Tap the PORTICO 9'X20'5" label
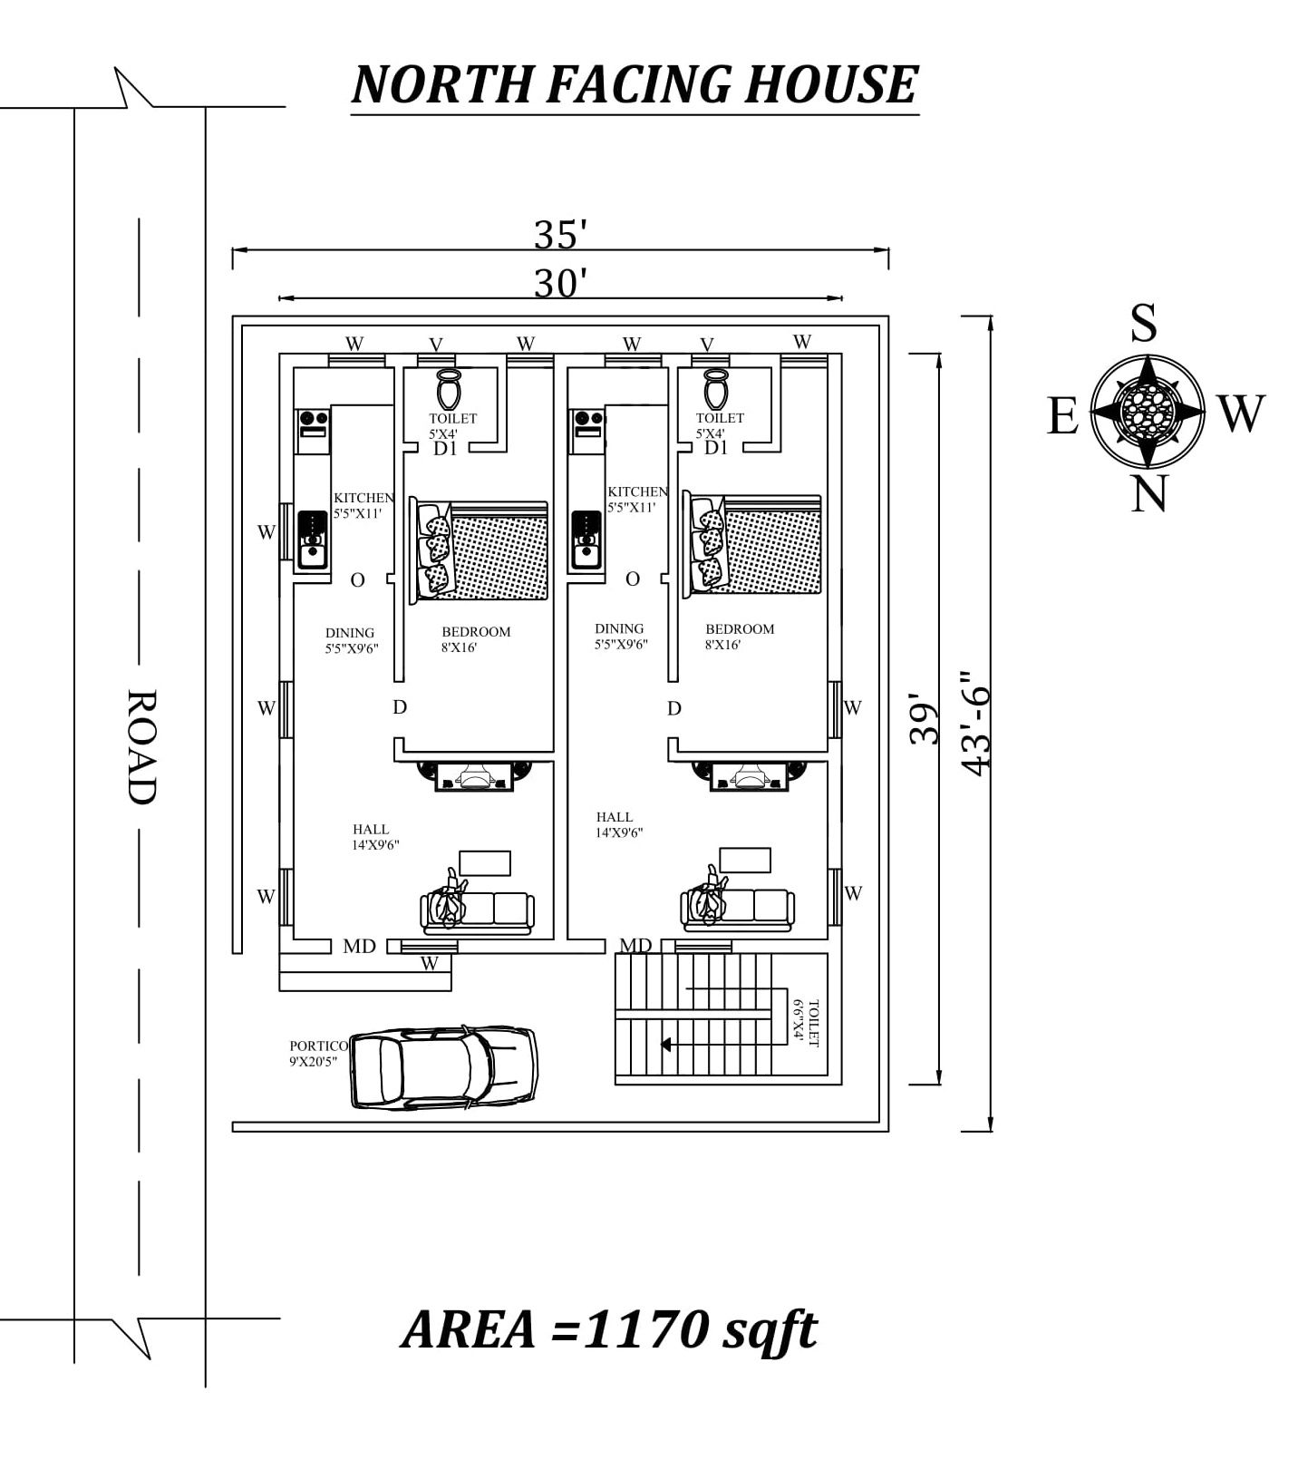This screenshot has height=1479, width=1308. click(317, 1054)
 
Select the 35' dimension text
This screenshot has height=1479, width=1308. click(560, 235)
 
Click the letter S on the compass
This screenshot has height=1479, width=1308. click(1144, 323)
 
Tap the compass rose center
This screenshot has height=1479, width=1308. click(1147, 411)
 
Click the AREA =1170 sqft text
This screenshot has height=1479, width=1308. click(608, 1330)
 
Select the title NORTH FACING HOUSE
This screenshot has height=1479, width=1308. click(635, 84)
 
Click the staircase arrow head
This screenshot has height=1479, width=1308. click(666, 1045)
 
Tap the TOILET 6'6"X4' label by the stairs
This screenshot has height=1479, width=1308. click(806, 1023)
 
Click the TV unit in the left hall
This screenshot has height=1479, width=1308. click(474, 777)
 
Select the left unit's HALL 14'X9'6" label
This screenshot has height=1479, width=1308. click(375, 836)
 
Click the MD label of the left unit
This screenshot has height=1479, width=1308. click(359, 946)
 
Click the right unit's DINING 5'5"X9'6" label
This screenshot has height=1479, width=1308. click(621, 637)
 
